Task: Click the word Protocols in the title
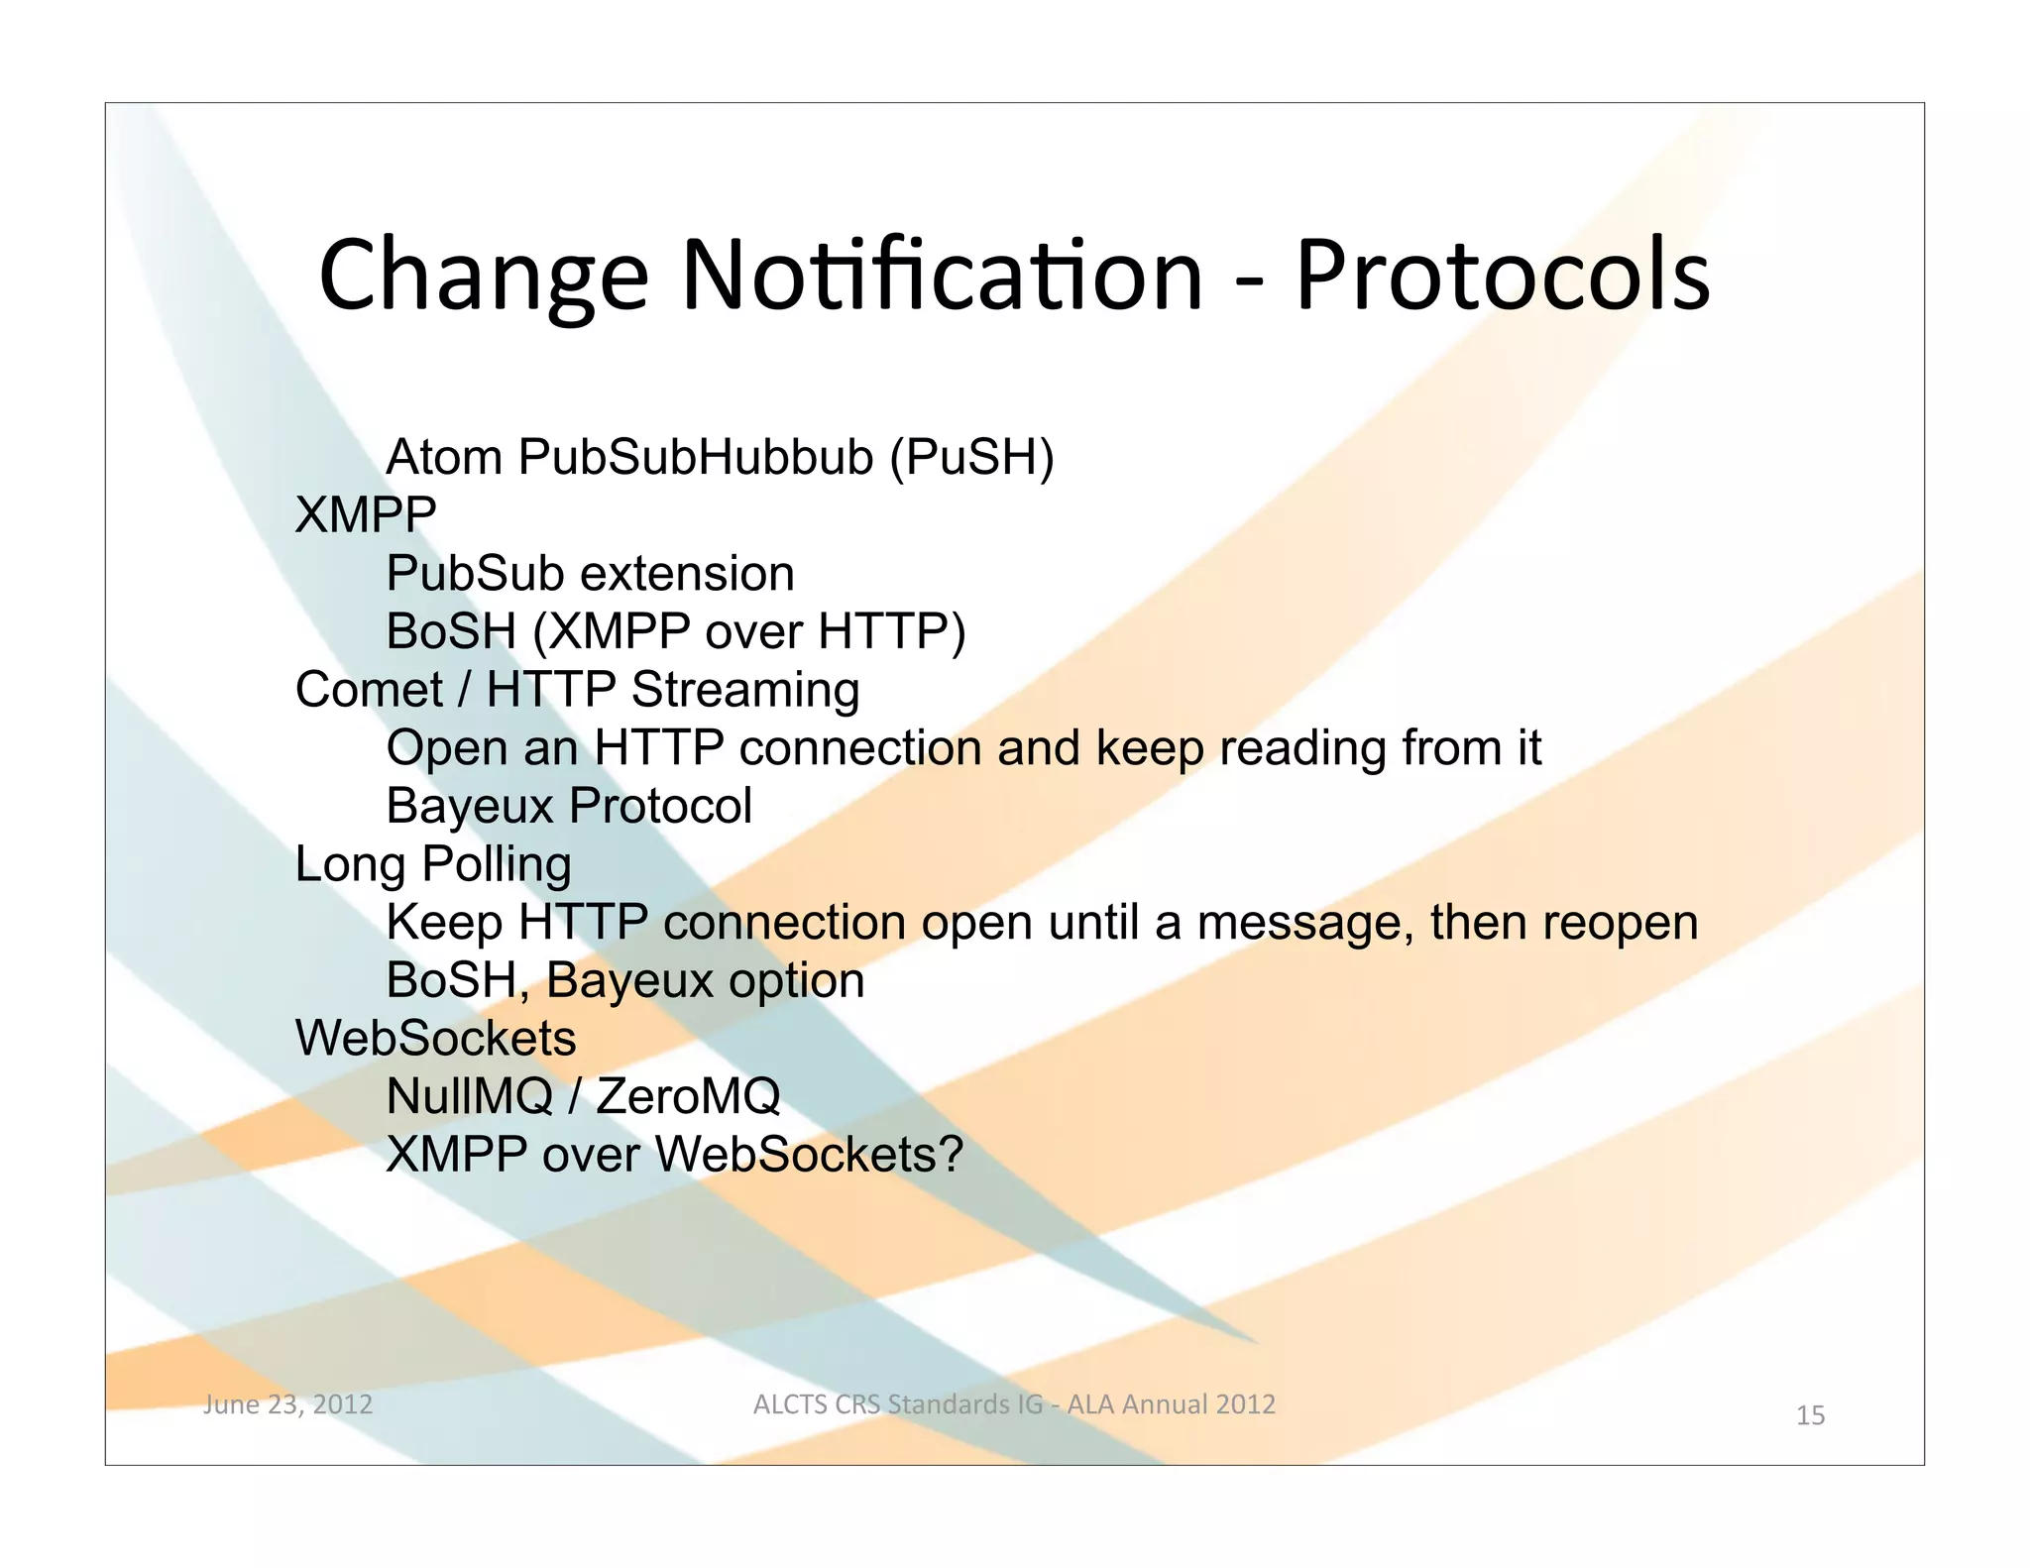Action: [1502, 276]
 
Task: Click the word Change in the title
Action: [483, 276]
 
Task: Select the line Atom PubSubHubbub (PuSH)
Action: [720, 458]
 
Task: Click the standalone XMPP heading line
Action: [366, 515]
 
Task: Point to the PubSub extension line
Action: [590, 574]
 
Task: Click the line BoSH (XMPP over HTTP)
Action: [675, 632]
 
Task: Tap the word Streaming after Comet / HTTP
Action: [745, 691]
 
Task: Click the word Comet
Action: [369, 690]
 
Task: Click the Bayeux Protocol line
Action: [569, 806]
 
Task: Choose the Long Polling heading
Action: [433, 864]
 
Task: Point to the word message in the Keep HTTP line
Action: [1305, 924]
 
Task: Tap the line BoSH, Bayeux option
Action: [624, 981]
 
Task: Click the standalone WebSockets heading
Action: [435, 1039]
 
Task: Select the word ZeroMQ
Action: [688, 1097]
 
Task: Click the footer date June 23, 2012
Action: [287, 1404]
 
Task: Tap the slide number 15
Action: [1810, 1415]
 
